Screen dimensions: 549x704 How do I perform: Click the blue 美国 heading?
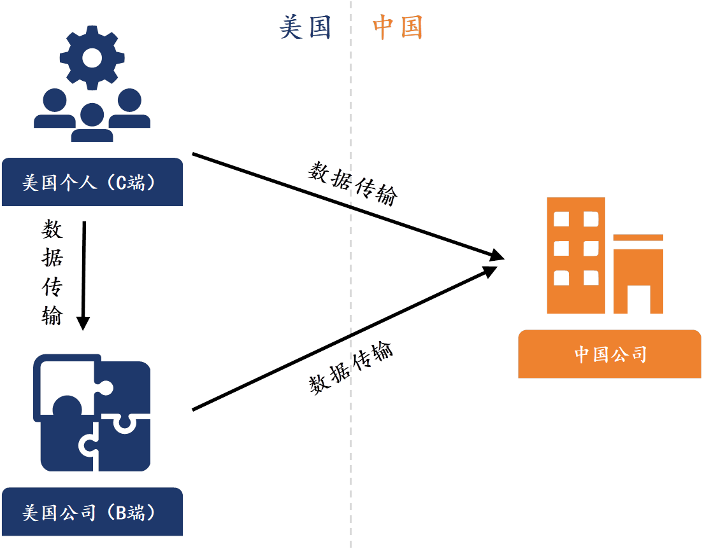click(306, 27)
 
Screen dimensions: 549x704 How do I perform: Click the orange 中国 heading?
click(398, 27)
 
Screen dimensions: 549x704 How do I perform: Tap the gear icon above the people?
click(93, 57)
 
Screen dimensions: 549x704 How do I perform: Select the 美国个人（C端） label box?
click(92, 183)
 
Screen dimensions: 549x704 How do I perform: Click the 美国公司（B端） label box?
click(92, 512)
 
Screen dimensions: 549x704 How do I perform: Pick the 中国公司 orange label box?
click(609, 354)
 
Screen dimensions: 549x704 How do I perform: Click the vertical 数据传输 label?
click(52, 272)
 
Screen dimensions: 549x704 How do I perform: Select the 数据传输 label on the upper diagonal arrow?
click(352, 183)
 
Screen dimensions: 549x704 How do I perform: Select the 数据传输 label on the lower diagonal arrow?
click(351, 368)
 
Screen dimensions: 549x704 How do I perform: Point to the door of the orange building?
click(638, 300)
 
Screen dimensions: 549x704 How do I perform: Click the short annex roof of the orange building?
click(638, 238)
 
